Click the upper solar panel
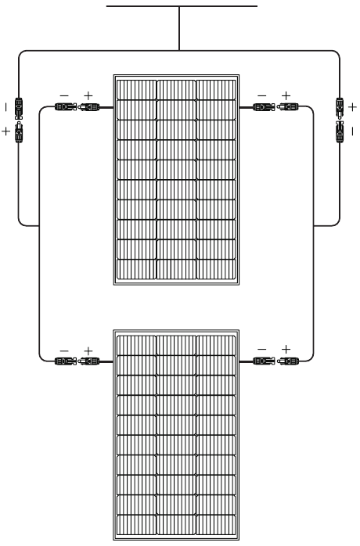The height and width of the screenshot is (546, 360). (x=176, y=180)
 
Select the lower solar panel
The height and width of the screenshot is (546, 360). (x=176, y=435)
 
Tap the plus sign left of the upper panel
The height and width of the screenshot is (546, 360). (x=88, y=95)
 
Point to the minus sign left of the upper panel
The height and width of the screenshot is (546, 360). (x=64, y=95)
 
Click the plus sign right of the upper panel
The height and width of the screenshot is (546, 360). (x=286, y=95)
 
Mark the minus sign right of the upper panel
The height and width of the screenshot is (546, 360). (x=261, y=95)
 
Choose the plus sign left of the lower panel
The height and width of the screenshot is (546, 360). (x=88, y=350)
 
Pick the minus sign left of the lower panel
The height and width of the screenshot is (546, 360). (x=64, y=350)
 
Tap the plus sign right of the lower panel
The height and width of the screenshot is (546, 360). (x=286, y=349)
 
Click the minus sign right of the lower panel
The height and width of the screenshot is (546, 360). (x=261, y=349)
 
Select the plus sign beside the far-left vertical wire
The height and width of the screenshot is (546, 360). (x=6, y=131)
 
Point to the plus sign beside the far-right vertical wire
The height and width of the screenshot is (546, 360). (x=352, y=107)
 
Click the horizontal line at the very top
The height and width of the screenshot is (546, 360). (x=182, y=6)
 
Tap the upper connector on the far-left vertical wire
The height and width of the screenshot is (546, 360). (x=19, y=108)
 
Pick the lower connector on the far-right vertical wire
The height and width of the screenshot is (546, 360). (x=340, y=132)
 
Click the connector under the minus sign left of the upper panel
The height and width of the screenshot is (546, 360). (x=66, y=106)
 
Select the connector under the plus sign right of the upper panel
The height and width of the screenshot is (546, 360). (x=287, y=106)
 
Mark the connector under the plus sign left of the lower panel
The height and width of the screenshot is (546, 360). (x=88, y=361)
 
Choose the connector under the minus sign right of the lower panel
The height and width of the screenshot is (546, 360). (x=264, y=361)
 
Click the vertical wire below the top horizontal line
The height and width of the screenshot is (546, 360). (x=179, y=29)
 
